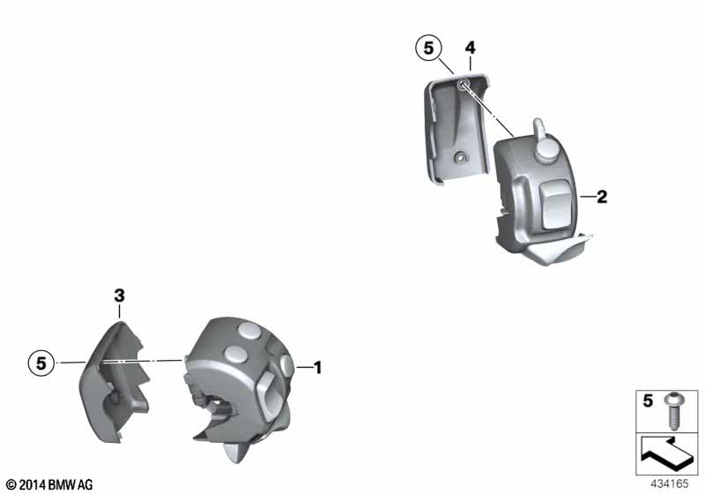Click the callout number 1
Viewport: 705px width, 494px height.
(317, 368)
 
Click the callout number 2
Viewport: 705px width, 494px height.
(602, 197)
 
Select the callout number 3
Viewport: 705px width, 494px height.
(119, 296)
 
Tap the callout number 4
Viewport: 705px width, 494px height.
(470, 48)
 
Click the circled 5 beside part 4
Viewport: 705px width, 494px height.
(428, 48)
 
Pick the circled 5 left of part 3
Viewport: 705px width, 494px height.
(41, 363)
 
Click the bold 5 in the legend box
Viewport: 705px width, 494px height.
(648, 400)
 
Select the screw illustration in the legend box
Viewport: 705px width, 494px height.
(673, 411)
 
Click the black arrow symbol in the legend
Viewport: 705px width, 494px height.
(666, 453)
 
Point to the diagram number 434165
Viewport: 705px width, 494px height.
(670, 483)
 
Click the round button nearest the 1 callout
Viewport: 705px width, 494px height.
(287, 365)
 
